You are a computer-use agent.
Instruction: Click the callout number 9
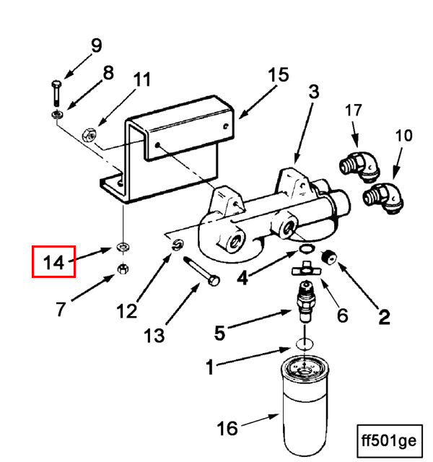[x=97, y=45]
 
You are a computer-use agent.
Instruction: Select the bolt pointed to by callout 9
[x=56, y=93]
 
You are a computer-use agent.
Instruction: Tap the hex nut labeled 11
[x=89, y=136]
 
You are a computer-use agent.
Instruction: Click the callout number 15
[x=279, y=74]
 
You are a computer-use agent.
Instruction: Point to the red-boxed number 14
[x=53, y=262]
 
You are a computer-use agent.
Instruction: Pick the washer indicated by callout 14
[x=123, y=247]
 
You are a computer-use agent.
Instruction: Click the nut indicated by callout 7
[x=123, y=268]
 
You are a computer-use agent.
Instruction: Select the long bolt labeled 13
[x=201, y=271]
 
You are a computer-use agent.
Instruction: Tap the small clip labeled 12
[x=178, y=245]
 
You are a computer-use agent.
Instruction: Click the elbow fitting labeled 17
[x=360, y=167]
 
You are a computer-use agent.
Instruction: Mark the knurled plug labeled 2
[x=329, y=258]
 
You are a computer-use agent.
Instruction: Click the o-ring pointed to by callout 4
[x=307, y=248]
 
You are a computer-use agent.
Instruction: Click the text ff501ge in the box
[x=389, y=441]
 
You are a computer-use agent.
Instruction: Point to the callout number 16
[x=227, y=428]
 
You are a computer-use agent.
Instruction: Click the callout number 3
[x=314, y=92]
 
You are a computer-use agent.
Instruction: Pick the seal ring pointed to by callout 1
[x=305, y=344]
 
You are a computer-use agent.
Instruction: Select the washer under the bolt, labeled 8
[x=57, y=114]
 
